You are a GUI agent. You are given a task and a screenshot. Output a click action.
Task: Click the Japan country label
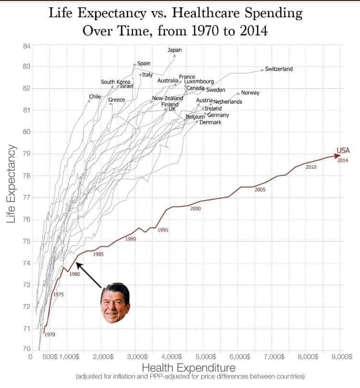click(174, 50)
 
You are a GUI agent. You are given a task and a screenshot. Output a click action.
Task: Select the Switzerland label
click(279, 69)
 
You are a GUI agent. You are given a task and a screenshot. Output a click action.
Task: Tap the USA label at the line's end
click(343, 150)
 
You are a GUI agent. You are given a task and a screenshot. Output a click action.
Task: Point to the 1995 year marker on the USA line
click(163, 230)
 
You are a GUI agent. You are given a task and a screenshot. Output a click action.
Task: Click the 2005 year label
click(260, 190)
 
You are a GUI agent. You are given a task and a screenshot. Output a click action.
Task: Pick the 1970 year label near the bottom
click(50, 334)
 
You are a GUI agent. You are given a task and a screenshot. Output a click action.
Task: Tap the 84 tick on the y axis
click(26, 46)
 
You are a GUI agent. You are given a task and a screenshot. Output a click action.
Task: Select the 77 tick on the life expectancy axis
click(26, 198)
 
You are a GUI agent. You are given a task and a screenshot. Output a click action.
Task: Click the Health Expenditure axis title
click(189, 368)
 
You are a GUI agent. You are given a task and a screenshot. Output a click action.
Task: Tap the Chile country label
click(95, 97)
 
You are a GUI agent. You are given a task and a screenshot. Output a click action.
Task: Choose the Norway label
click(250, 93)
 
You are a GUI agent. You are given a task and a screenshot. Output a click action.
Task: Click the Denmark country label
click(210, 123)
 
